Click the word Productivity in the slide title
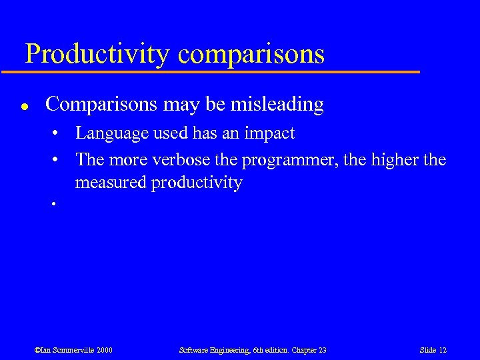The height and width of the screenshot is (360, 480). click(97, 53)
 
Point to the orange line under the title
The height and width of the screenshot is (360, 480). click(220, 71)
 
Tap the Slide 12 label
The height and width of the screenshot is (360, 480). click(433, 350)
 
